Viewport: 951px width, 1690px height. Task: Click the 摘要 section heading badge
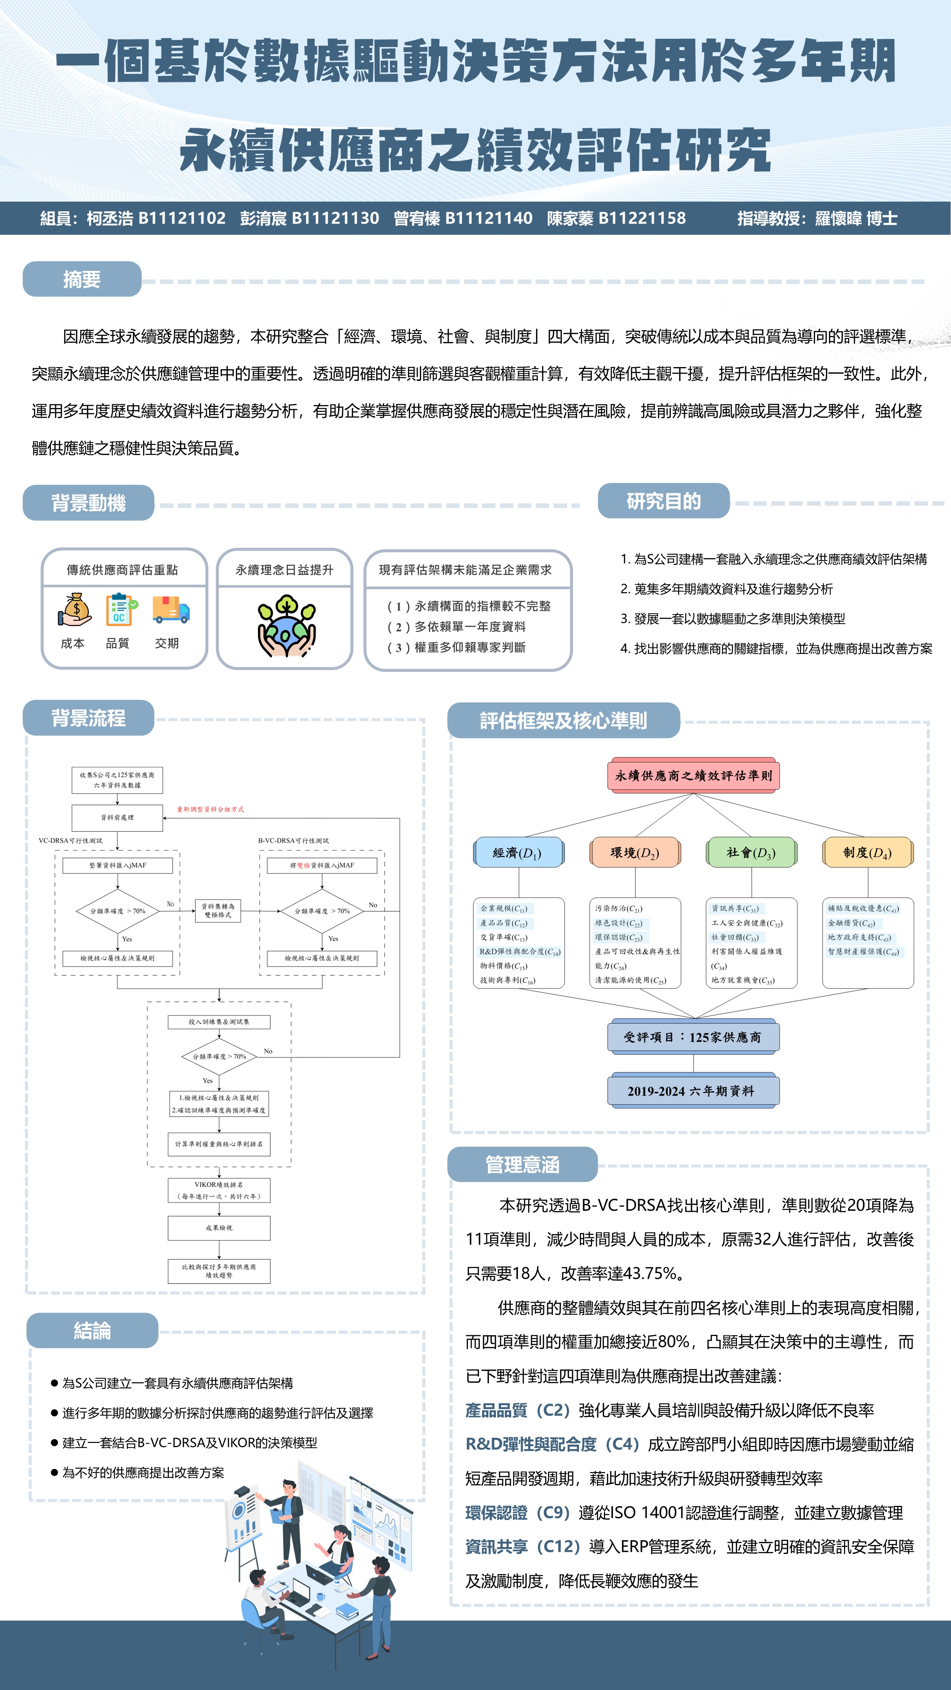click(x=82, y=279)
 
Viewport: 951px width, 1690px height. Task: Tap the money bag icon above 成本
click(x=75, y=609)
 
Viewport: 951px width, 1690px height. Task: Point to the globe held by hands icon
click(x=286, y=626)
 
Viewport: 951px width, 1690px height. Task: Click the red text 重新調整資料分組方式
click(x=210, y=809)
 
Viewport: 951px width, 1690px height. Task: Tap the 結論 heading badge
click(x=92, y=1330)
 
